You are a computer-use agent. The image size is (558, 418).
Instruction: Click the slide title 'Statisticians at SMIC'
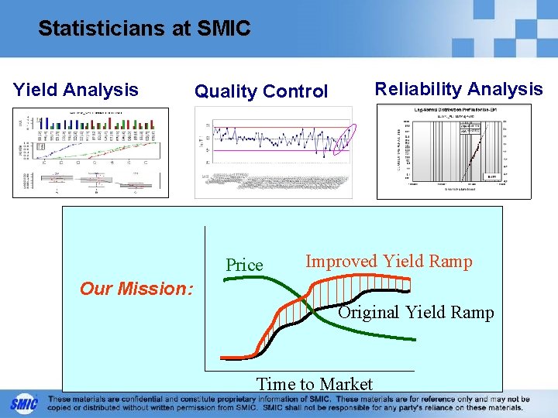click(x=144, y=29)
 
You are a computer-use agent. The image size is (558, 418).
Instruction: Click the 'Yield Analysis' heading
click(x=76, y=90)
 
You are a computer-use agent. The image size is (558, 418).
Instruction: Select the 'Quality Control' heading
click(x=261, y=91)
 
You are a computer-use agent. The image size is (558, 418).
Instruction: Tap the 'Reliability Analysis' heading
click(x=459, y=89)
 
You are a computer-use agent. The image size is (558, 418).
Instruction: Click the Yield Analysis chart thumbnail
click(x=90, y=152)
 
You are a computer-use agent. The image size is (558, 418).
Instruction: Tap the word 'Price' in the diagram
click(x=244, y=266)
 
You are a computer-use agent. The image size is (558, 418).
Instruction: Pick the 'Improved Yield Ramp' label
click(x=388, y=262)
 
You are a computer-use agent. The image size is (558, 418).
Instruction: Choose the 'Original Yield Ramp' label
click(x=416, y=313)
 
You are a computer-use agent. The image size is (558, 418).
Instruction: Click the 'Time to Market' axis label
click(x=315, y=384)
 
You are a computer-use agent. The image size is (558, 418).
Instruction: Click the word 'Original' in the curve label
click(x=369, y=313)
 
